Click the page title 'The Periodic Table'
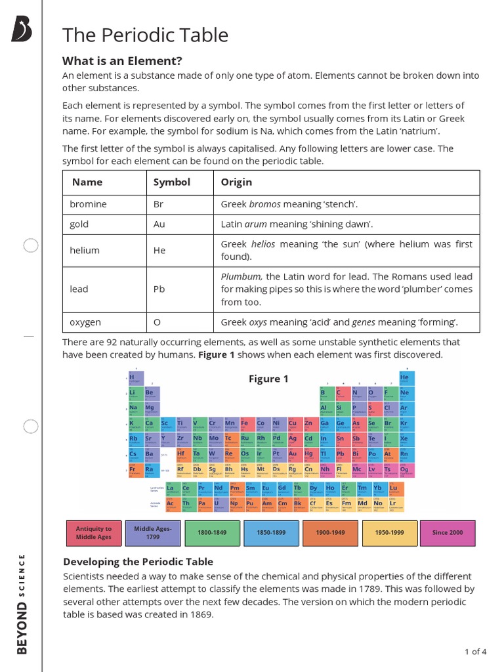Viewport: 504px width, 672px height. [x=145, y=35]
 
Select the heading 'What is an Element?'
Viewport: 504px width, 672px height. [x=122, y=61]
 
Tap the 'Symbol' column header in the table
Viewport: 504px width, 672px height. [x=171, y=182]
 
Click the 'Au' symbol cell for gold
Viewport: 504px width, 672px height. [x=159, y=224]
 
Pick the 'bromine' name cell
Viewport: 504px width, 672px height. [x=88, y=204]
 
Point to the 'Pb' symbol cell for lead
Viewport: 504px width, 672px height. [x=159, y=289]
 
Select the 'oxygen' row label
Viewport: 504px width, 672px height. [x=85, y=322]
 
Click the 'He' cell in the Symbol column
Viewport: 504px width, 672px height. [x=159, y=250]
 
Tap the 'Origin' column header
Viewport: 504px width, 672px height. [x=236, y=182]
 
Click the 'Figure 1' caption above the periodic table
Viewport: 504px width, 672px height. [x=268, y=379]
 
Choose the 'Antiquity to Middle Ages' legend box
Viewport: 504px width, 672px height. [x=94, y=533]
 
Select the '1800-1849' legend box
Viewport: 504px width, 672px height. [x=212, y=533]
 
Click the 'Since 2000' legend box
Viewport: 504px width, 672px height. [x=448, y=533]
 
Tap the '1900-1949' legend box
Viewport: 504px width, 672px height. [x=330, y=533]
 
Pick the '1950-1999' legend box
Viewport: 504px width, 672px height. [x=389, y=533]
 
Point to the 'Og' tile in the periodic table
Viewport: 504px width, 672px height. [x=404, y=471]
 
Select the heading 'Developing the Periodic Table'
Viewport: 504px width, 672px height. [x=138, y=562]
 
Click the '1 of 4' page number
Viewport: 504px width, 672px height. [x=475, y=652]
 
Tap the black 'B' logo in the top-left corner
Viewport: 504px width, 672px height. [x=22, y=30]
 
